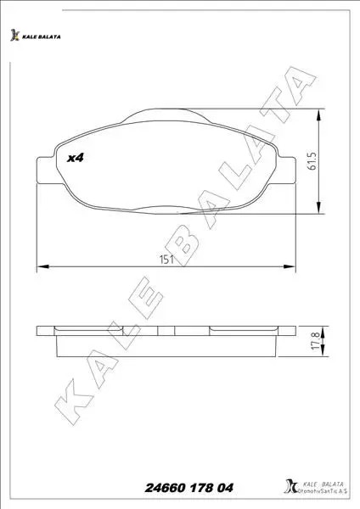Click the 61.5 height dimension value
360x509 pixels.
click(312, 160)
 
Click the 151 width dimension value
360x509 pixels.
click(166, 260)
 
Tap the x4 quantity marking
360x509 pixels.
click(76, 158)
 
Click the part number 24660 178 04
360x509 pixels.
click(189, 488)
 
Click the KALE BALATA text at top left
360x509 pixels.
click(42, 36)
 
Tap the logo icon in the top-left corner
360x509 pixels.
click(14, 35)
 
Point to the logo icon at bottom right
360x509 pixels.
click(290, 486)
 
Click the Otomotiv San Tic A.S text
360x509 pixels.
click(323, 491)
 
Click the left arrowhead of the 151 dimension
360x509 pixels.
click(43, 266)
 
